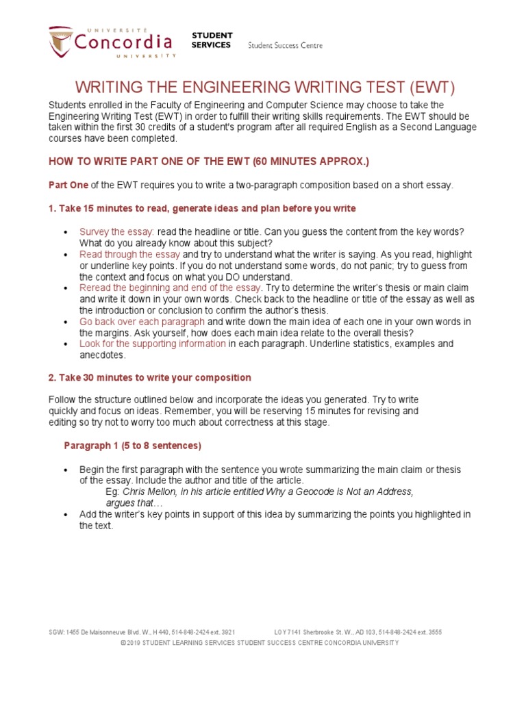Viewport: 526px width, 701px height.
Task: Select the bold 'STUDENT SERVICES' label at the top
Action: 212,40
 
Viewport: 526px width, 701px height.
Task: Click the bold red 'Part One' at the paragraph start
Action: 68,185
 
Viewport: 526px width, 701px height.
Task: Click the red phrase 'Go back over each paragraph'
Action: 142,321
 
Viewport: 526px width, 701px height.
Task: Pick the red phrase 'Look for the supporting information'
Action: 152,344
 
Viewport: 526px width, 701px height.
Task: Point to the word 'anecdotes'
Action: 102,355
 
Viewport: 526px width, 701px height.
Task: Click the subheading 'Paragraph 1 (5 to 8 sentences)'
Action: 132,446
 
